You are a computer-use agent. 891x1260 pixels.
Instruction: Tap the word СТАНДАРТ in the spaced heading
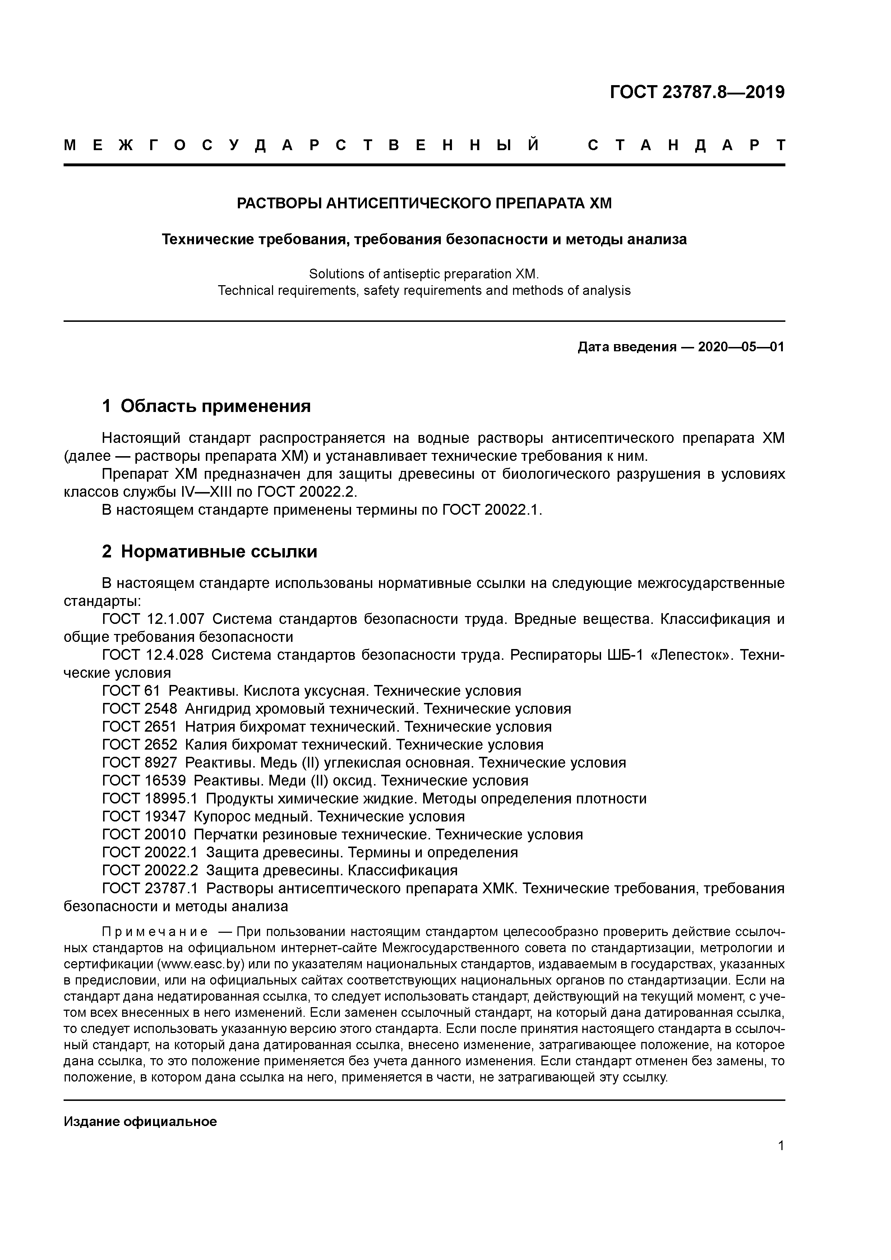click(686, 145)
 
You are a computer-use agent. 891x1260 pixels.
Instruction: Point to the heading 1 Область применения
click(207, 406)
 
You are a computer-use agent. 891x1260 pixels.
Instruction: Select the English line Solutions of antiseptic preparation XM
click(424, 274)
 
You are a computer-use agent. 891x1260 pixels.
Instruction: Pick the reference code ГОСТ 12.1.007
click(153, 619)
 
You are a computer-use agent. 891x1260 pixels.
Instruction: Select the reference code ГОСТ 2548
click(139, 708)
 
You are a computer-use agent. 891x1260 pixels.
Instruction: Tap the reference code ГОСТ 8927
click(139, 762)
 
